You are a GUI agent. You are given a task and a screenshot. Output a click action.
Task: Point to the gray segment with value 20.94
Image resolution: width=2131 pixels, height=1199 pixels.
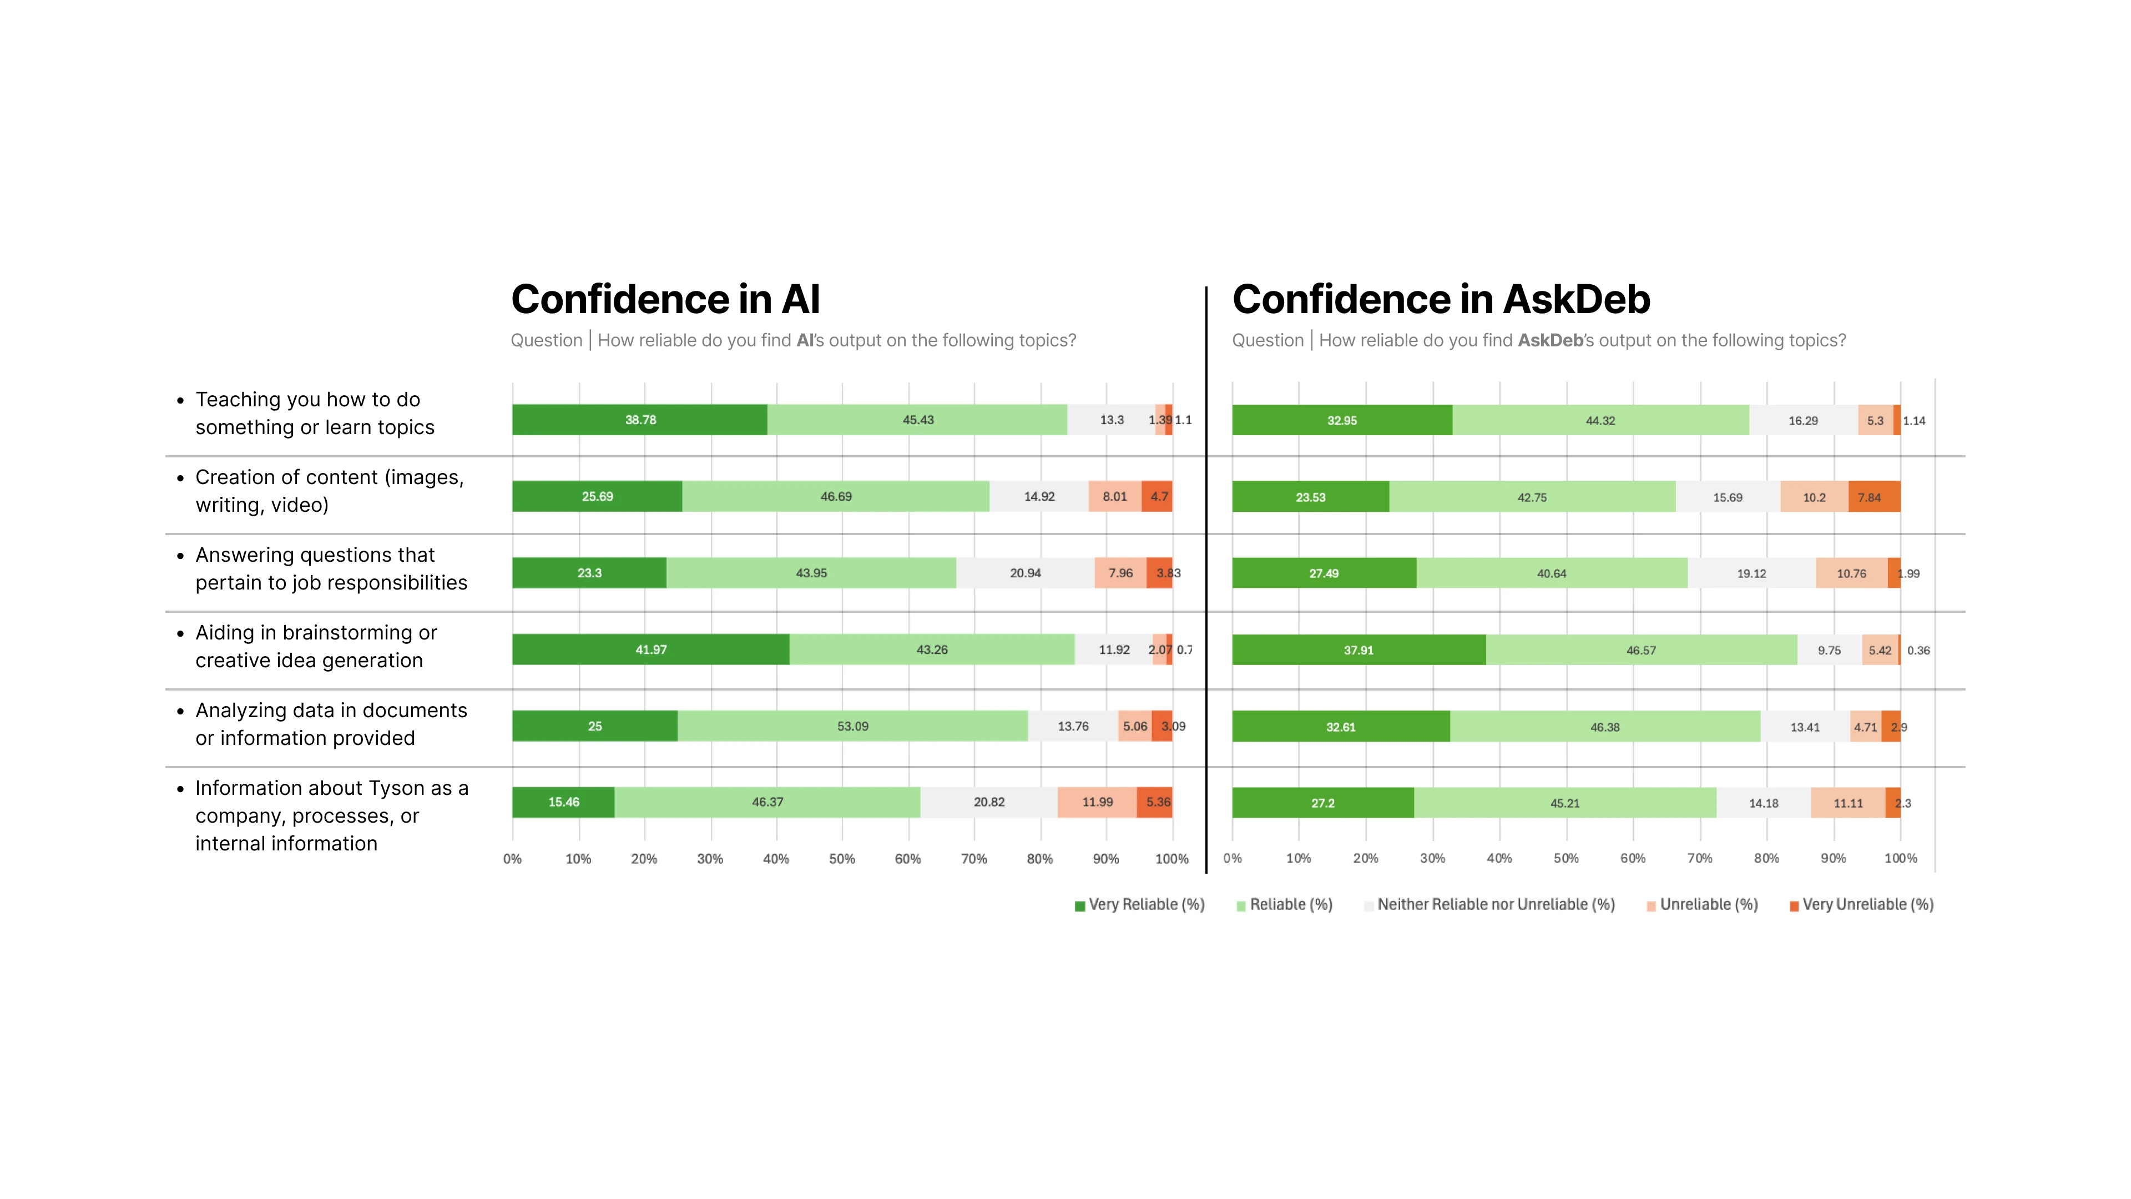1025,573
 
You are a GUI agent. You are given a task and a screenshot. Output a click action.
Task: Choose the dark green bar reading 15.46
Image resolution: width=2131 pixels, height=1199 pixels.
563,802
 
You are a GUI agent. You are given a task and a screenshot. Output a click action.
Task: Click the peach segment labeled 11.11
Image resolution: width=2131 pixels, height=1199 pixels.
1847,803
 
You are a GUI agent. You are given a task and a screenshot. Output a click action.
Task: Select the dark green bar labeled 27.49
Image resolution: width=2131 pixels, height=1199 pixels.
1324,573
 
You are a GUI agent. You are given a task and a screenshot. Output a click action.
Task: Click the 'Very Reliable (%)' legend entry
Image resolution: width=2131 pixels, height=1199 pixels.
1139,904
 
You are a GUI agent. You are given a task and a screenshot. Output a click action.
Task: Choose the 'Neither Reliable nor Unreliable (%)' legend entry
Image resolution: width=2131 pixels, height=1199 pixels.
1489,904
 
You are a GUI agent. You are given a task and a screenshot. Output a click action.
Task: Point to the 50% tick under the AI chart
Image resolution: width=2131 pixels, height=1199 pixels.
841,859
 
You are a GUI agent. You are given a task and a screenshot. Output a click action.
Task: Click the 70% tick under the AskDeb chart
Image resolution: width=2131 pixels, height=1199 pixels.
1699,858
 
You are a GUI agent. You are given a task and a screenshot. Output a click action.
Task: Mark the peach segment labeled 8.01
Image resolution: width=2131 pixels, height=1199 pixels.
1114,496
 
